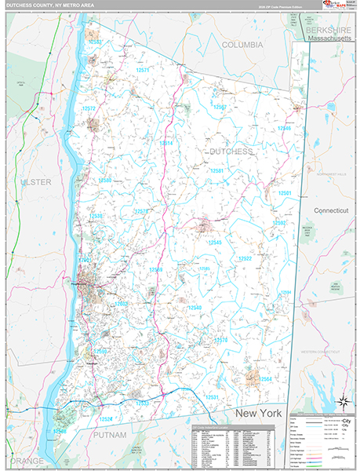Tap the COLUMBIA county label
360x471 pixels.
[x=242, y=46]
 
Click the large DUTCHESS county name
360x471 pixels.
[x=231, y=150]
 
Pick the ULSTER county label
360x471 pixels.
[x=35, y=182]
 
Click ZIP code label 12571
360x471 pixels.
[x=142, y=70]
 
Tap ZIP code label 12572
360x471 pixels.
[x=88, y=109]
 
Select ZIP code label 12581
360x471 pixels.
[x=216, y=170]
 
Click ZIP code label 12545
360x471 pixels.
[x=214, y=243]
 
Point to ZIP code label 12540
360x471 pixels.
[x=194, y=308]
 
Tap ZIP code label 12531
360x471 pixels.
[x=213, y=397]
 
